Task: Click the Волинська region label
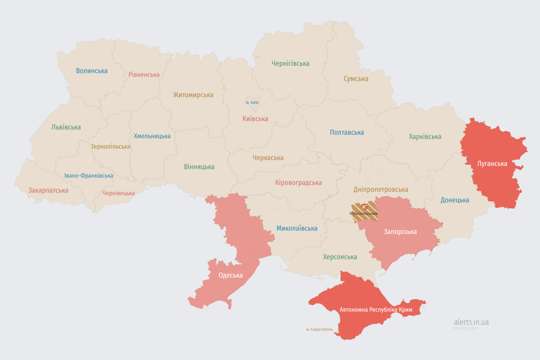click(x=92, y=71)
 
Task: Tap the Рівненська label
click(x=144, y=75)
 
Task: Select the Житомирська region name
click(x=193, y=95)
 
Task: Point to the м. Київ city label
click(x=252, y=103)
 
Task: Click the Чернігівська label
click(x=290, y=63)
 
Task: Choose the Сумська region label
click(x=356, y=79)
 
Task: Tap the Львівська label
click(x=66, y=127)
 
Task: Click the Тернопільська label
click(x=111, y=146)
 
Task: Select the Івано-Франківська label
click(x=89, y=176)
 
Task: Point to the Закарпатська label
click(x=48, y=190)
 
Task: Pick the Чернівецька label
click(x=119, y=193)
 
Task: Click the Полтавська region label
click(x=347, y=132)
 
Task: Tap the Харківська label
click(x=425, y=137)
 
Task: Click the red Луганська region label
click(x=492, y=164)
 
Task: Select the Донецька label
click(x=455, y=200)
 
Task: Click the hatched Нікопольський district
click(x=365, y=211)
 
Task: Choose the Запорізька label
click(x=400, y=232)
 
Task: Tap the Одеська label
click(x=231, y=275)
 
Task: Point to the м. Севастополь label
click(x=319, y=330)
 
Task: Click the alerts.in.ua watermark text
click(x=471, y=322)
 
